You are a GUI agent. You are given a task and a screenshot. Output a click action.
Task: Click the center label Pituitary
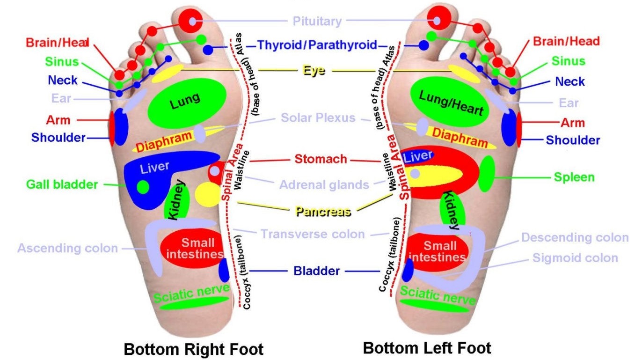317,21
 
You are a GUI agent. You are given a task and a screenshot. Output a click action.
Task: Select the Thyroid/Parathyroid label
317,45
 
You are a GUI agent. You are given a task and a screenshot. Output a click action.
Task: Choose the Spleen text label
574,177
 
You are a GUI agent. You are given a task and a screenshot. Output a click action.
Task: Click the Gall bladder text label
62,184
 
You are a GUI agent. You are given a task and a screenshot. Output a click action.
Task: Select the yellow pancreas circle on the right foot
207,194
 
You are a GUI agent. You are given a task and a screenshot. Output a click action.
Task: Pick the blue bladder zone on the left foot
409,270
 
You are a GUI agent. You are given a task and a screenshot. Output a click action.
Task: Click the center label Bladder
316,271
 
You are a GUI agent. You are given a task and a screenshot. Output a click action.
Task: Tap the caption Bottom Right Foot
193,349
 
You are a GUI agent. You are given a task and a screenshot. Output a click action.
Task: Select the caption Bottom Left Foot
427,348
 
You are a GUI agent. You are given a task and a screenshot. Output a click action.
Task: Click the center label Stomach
321,159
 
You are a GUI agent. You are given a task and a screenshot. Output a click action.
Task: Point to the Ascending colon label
67,248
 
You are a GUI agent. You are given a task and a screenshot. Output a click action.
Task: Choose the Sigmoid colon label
575,258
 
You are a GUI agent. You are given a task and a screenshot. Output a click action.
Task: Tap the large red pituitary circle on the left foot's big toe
438,19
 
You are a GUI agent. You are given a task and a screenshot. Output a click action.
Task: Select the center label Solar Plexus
318,118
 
